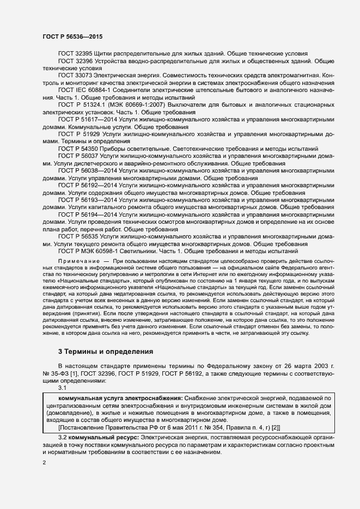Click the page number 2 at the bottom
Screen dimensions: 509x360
[44, 463]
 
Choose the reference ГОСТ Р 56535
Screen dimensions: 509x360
[78, 237]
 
